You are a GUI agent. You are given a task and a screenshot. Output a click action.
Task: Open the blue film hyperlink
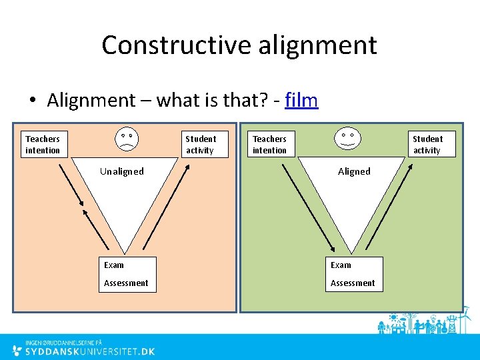pos(301,101)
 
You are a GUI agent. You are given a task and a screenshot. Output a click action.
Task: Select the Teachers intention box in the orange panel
pos(43,145)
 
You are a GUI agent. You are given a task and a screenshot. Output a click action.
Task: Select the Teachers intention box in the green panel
pos(269,145)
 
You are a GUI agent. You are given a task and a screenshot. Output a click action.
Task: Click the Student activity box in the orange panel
pos(201,145)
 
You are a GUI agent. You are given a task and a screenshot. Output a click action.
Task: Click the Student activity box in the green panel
pos(427,145)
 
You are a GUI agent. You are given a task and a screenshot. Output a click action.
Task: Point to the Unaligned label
pos(122,171)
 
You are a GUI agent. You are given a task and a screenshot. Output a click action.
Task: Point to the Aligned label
pos(354,171)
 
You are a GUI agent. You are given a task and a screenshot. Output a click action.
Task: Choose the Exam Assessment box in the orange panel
pos(127,274)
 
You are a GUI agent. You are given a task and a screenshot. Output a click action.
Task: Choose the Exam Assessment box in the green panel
pos(353,274)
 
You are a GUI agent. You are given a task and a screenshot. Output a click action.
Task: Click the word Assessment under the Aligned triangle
pos(353,283)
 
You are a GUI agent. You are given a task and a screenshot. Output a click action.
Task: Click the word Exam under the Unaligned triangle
pos(114,265)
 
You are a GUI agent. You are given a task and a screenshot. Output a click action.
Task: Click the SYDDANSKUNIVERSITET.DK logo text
pos(90,351)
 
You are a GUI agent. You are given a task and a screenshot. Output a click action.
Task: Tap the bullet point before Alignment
pos(31,101)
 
